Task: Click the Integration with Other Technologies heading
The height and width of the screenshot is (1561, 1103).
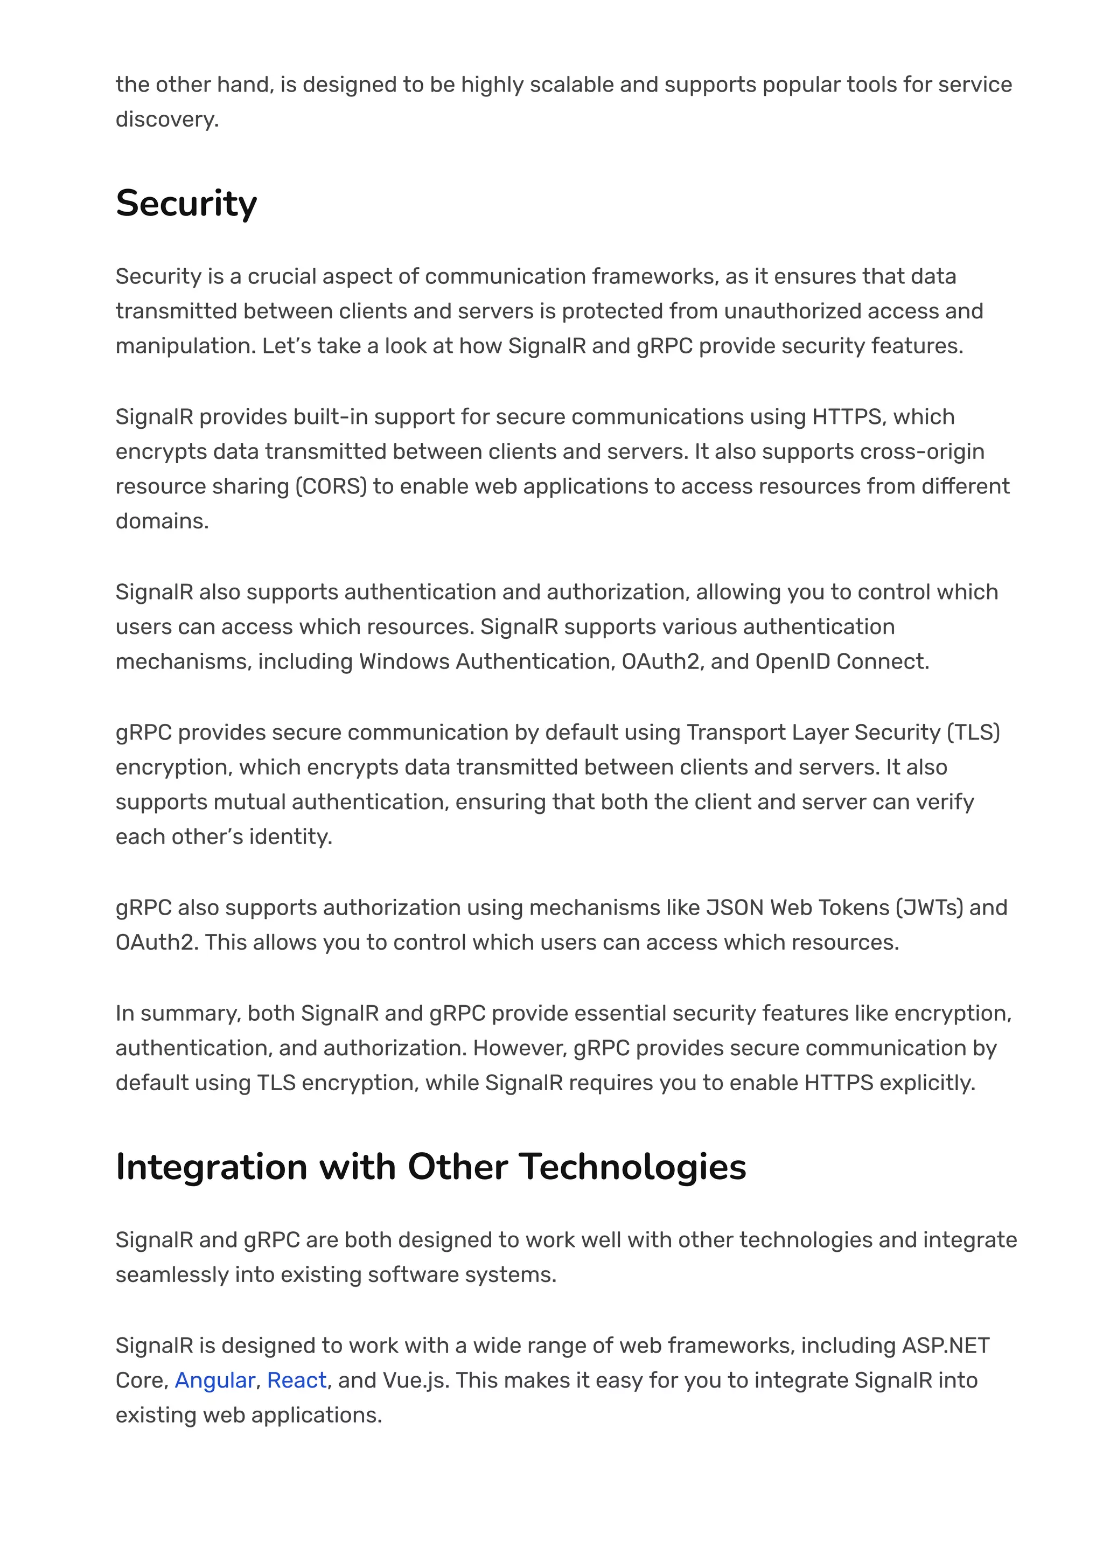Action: point(431,1167)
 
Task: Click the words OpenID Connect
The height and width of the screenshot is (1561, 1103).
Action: point(841,661)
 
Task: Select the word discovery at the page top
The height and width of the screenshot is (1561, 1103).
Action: point(166,120)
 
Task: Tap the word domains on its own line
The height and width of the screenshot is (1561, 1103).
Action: point(162,521)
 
